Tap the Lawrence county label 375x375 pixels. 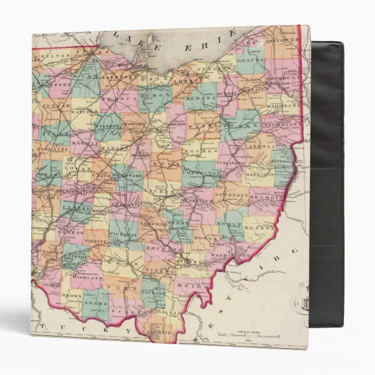tap(157, 332)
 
